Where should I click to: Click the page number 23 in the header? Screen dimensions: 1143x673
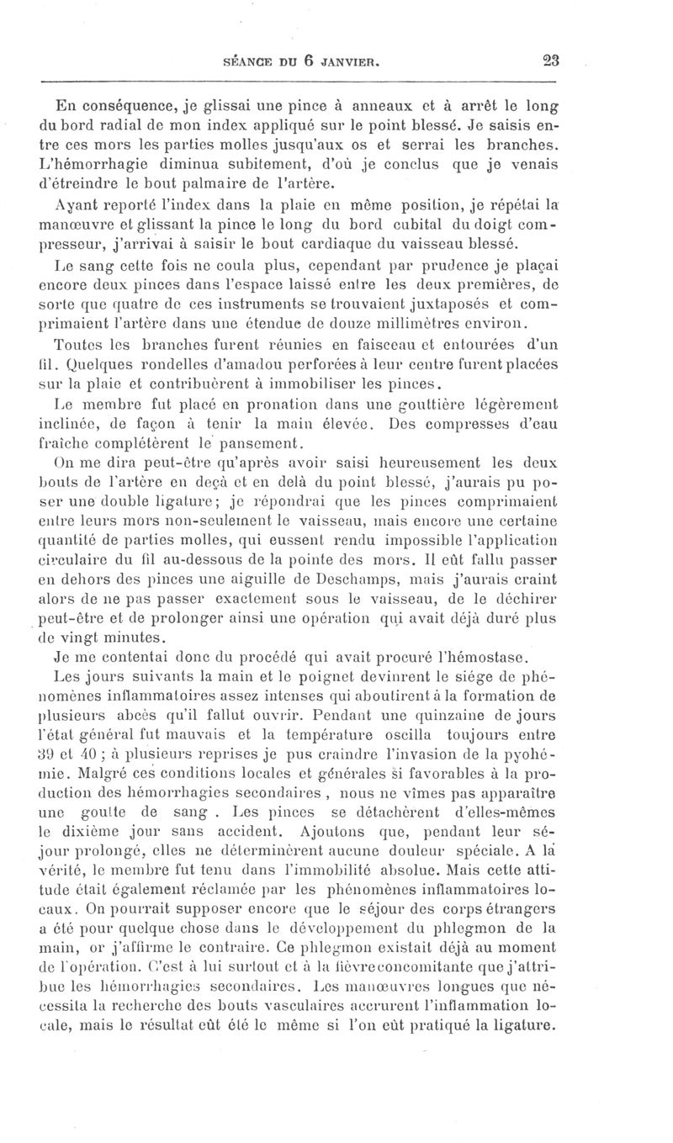pos(551,60)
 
